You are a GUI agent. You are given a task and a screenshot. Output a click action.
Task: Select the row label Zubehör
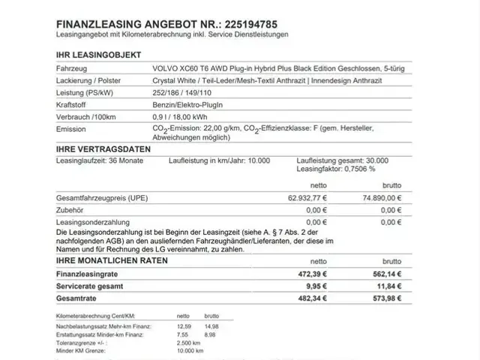pyautogui.click(x=70, y=211)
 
